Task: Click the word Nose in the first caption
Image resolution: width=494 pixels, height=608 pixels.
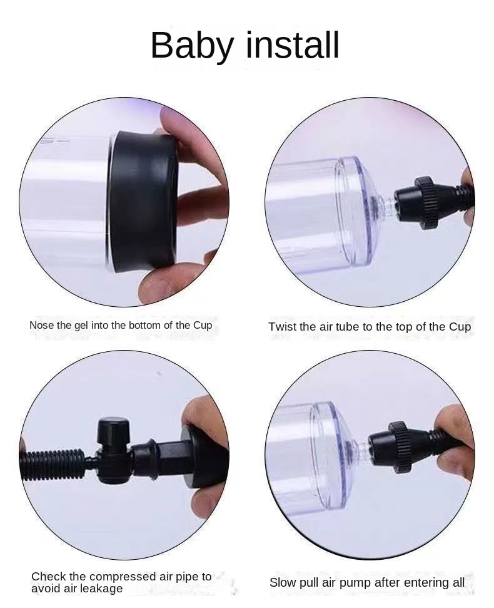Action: [41, 326]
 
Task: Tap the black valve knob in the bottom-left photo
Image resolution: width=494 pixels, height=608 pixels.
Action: [113, 432]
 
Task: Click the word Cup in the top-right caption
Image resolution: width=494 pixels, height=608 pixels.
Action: [460, 327]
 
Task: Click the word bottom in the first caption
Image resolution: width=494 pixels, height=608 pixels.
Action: [144, 326]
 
